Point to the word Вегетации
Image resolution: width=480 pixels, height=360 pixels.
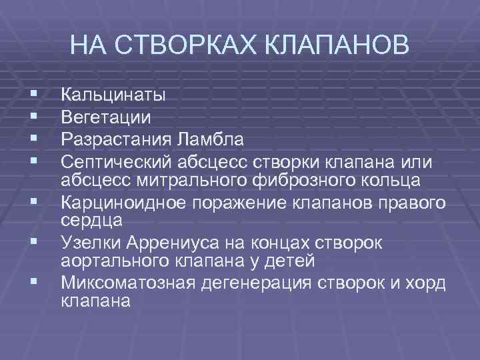[106, 118]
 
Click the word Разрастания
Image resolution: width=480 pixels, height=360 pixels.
[116, 140]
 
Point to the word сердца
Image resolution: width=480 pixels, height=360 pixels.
[85, 220]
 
